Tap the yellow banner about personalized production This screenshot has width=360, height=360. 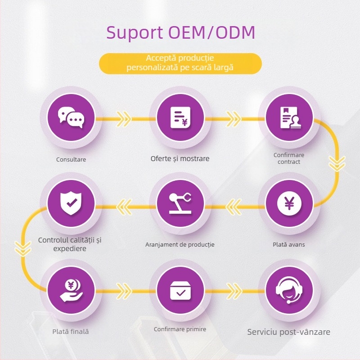(180, 63)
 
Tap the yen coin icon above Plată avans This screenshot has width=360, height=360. (289, 203)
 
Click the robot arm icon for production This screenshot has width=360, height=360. (180, 203)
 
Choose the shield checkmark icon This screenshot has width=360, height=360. (71, 203)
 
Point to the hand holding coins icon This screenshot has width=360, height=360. (71, 290)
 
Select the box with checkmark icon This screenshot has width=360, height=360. (180, 290)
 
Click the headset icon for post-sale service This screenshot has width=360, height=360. (289, 290)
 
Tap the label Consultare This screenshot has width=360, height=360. (71, 159)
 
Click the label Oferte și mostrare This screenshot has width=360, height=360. (180, 158)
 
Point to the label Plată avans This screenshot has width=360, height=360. (289, 244)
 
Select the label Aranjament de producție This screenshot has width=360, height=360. (180, 245)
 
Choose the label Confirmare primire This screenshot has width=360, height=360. (180, 329)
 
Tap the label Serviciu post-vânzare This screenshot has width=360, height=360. (289, 332)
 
